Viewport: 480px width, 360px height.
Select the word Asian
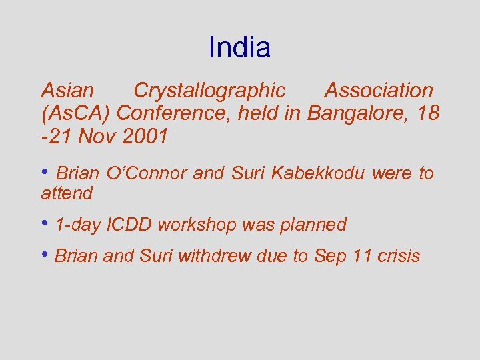pyautogui.click(x=67, y=91)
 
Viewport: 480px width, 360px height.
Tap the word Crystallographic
pyautogui.click(x=209, y=91)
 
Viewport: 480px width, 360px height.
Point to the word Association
pyautogui.click(x=378, y=91)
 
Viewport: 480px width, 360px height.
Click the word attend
pyautogui.click(x=67, y=194)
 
